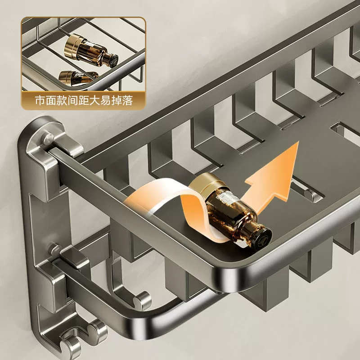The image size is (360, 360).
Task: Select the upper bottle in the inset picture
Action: pyautogui.click(x=91, y=50)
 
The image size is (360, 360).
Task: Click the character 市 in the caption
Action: pyautogui.click(x=40, y=100)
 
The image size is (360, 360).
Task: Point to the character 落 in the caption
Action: pyautogui.click(x=128, y=100)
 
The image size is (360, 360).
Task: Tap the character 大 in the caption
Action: pyautogui.click(x=94, y=100)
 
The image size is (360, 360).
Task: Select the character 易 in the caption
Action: pyautogui.click(x=106, y=100)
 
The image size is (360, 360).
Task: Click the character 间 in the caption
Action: pyautogui.click(x=72, y=100)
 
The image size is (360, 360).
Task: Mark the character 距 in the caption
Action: pyautogui.click(x=84, y=100)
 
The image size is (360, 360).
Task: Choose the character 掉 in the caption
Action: pyautogui.click(x=117, y=100)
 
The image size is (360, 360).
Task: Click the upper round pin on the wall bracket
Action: pyautogui.click(x=48, y=139)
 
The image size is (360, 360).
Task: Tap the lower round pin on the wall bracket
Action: pyautogui.click(x=55, y=250)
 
